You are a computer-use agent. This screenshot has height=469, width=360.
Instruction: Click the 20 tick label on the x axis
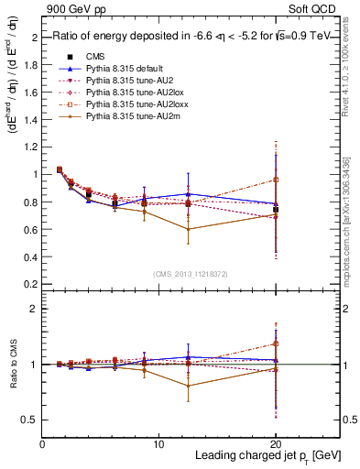(x=276, y=443)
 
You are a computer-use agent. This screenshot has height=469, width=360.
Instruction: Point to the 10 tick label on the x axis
(x=158, y=443)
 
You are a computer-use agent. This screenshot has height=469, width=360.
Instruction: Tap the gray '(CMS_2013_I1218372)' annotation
(x=191, y=274)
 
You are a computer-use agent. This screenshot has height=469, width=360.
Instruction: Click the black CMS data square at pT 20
(x=276, y=210)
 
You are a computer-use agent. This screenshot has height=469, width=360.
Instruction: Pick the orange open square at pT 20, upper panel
(x=276, y=180)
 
